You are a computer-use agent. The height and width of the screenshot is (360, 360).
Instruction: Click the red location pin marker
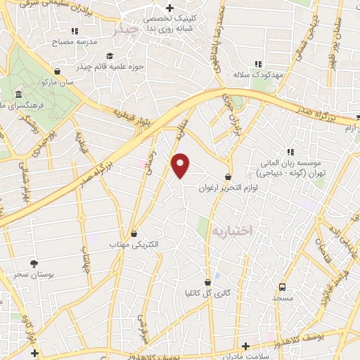pyautogui.click(x=181, y=165)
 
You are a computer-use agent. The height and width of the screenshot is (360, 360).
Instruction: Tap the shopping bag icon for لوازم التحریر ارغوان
pyautogui.click(x=228, y=176)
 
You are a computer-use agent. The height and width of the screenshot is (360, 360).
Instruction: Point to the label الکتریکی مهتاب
pyautogui.click(x=135, y=245)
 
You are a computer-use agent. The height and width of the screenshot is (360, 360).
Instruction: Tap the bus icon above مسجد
pyautogui.click(x=282, y=287)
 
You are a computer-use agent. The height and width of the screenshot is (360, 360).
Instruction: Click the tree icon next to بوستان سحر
pyautogui.click(x=12, y=264)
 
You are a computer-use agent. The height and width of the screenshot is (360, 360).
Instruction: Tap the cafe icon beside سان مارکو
pyautogui.click(x=56, y=72)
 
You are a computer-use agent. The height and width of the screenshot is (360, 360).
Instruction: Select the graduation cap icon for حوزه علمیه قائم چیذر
pyautogui.click(x=109, y=56)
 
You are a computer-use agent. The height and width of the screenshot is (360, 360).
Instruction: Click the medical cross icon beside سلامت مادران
pyautogui.click(x=245, y=346)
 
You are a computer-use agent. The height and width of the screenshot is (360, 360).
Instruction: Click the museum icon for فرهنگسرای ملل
pyautogui.click(x=18, y=94)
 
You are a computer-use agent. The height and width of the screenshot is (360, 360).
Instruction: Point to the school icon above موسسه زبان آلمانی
pyautogui.click(x=289, y=151)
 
